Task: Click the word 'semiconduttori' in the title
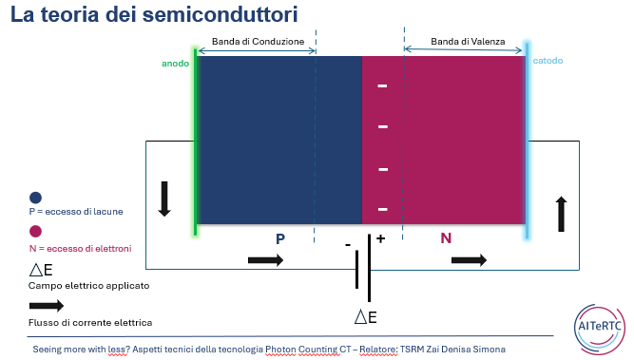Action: point(220,14)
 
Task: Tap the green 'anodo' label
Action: point(176,64)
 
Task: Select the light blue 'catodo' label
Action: point(548,61)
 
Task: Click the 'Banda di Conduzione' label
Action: point(258,42)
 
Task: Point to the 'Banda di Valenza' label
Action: point(468,42)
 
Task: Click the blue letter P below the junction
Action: point(280,238)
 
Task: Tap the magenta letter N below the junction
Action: point(446,238)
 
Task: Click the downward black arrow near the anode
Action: point(164,199)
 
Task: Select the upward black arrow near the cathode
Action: point(561,214)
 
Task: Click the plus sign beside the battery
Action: point(380,238)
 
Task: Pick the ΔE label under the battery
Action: point(366,317)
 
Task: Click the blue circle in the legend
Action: point(35,198)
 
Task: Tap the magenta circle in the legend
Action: point(35,232)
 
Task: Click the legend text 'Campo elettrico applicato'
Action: point(89,286)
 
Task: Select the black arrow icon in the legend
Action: point(47,306)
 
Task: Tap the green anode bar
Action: point(195,142)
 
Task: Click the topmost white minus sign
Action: point(382,85)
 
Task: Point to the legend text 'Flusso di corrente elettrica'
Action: point(90,323)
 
